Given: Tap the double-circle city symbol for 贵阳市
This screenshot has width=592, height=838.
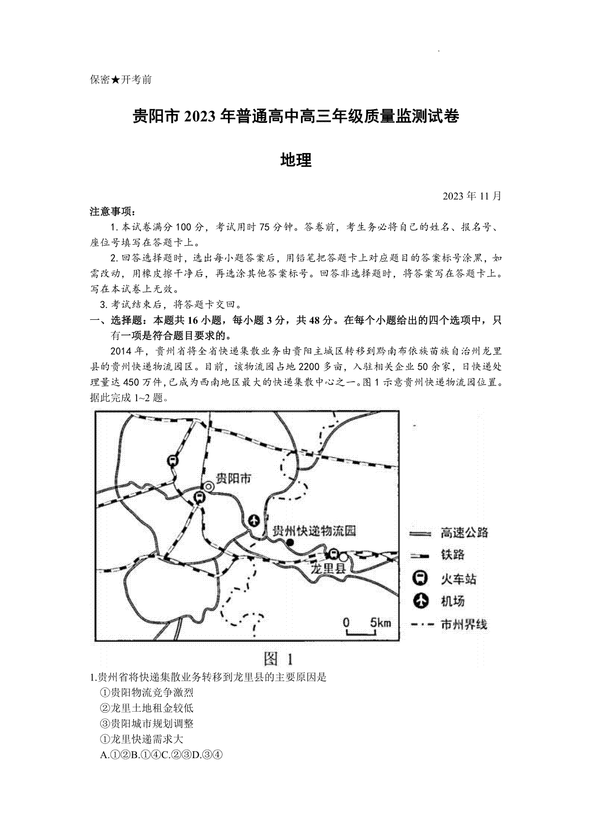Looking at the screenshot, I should (209, 487).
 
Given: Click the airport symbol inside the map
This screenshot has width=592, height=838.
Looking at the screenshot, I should (254, 520).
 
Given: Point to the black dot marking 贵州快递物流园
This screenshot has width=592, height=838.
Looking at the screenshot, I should (291, 543).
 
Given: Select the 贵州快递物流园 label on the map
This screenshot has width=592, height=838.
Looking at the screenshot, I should (314, 531).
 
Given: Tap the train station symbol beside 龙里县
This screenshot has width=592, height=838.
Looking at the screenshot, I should (333, 554).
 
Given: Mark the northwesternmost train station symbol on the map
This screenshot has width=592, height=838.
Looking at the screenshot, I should (173, 460).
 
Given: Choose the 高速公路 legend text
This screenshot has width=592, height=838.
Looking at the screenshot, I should (464, 533).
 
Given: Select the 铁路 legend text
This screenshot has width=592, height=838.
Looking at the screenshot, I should (452, 555).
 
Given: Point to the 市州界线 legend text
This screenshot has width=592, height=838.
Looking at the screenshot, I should (464, 624).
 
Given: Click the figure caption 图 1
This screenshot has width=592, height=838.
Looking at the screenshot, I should (279, 658).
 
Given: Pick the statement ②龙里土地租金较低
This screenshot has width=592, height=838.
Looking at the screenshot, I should (147, 708).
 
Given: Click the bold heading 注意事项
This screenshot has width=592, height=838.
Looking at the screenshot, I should (111, 212).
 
